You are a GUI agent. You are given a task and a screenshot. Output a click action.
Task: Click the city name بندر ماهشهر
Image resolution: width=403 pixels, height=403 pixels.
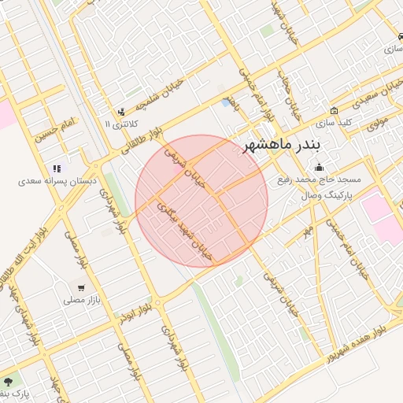[283, 146]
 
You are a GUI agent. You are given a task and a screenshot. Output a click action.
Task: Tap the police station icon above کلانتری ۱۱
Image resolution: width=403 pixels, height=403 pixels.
[120, 111]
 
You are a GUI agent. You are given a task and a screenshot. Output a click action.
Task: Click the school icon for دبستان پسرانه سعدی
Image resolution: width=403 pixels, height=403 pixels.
[57, 168]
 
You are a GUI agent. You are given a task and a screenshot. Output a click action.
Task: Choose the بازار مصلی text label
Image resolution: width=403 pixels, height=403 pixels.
[81, 300]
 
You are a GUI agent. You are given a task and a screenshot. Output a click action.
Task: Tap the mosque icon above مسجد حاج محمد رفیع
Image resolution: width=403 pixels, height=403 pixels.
[319, 167]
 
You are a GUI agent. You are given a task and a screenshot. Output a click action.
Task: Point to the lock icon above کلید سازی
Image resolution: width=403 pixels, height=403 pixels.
[335, 111]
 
